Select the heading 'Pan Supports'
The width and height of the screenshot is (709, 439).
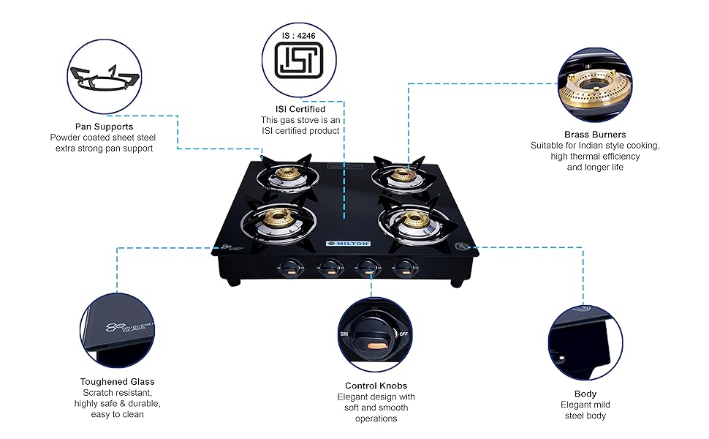click(x=104, y=127)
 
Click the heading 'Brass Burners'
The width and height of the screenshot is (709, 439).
click(x=594, y=135)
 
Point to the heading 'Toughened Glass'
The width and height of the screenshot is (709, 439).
click(x=117, y=381)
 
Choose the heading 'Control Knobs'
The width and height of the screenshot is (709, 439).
click(x=376, y=386)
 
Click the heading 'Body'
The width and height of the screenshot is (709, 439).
click(x=585, y=394)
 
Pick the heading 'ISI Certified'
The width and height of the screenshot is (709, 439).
click(x=300, y=109)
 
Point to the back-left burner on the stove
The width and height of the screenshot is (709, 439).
click(x=285, y=176)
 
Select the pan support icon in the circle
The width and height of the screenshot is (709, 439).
click(x=103, y=78)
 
